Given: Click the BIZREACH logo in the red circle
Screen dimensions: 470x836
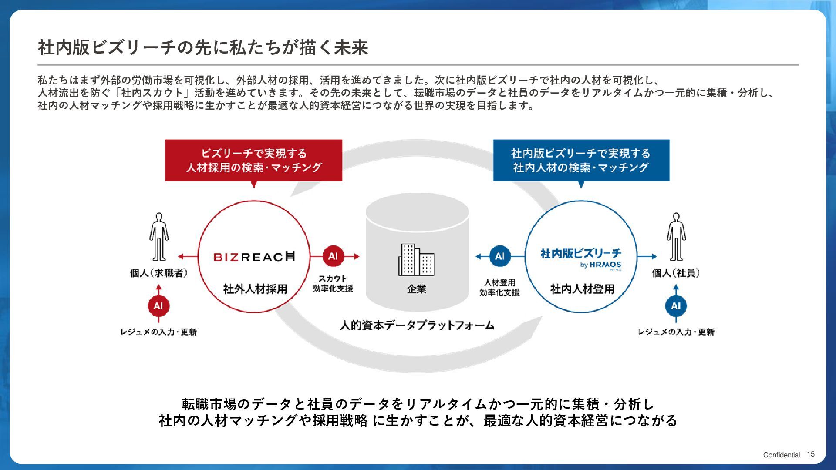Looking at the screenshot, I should tap(254, 256).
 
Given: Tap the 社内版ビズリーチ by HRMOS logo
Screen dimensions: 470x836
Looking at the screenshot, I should tap(581, 258).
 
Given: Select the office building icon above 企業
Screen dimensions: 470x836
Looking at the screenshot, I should tap(416, 260).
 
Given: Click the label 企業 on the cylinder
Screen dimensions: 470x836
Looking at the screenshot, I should tap(416, 289).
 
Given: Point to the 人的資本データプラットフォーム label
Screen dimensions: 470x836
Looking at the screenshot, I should tap(417, 325).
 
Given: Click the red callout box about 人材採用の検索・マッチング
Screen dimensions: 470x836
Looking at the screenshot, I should tap(253, 160).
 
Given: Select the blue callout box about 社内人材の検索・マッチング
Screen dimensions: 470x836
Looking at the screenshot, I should tap(581, 160).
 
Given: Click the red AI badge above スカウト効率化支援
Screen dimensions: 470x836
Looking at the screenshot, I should tap(333, 256).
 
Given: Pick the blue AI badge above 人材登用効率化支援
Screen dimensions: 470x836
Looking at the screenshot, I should tap(499, 256).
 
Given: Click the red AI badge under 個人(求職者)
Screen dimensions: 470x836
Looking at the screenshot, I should tap(158, 306).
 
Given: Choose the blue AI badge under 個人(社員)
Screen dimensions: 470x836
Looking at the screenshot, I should tap(676, 306).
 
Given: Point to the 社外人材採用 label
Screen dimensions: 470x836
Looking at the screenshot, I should tap(255, 289).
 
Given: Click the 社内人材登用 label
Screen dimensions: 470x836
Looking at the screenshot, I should tap(582, 289).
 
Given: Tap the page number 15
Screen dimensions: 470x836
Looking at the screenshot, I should tap(810, 454).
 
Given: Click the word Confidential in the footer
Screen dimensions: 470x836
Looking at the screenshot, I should tap(781, 455).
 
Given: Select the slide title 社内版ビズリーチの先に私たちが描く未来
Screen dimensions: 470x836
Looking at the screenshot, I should tap(203, 47).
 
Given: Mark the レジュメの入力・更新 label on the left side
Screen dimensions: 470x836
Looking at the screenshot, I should tap(158, 332).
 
